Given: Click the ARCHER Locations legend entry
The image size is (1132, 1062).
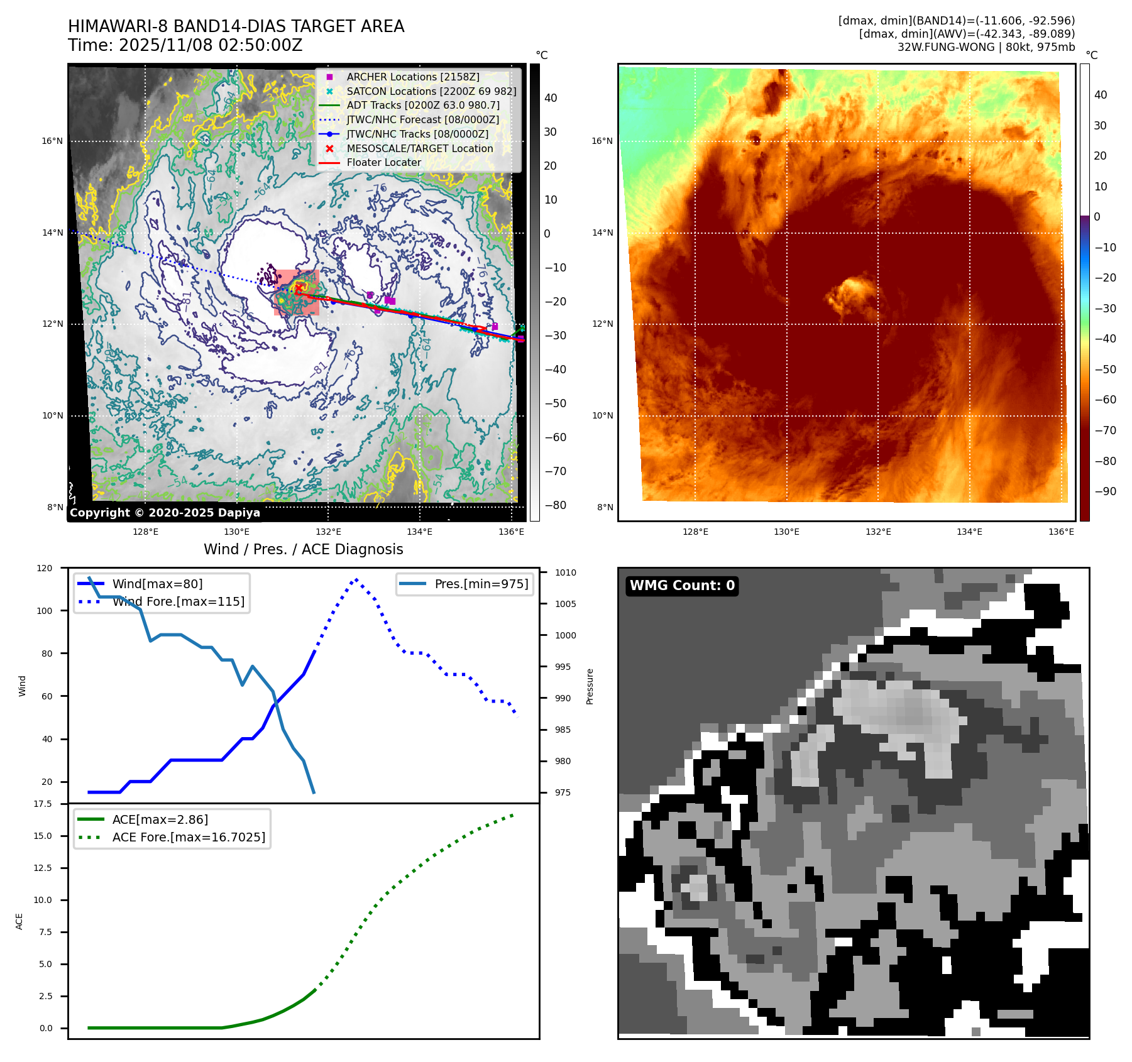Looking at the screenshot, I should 413,77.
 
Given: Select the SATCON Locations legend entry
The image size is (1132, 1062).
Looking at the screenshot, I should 431,91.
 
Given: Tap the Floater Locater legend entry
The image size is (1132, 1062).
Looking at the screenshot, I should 383,162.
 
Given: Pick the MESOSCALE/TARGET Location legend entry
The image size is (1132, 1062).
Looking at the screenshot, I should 420,148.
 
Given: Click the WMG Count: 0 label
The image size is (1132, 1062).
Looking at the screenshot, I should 682,586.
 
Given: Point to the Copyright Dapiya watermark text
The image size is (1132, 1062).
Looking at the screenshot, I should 165,513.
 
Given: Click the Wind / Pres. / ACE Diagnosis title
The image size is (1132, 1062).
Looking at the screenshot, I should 303,549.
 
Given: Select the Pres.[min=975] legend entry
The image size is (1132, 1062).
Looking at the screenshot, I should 481,584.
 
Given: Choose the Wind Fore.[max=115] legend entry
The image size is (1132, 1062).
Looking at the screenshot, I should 179,601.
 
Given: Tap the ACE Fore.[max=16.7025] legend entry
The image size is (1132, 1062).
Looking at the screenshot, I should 189,837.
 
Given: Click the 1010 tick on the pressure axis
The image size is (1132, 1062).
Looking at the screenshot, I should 565,572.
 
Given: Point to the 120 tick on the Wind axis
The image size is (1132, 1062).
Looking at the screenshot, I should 45,568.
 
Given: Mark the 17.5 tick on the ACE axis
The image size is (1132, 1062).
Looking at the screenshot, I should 43,804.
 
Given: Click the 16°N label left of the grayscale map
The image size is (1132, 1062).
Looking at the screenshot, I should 52,141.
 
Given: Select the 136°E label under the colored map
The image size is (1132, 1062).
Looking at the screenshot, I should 1061,532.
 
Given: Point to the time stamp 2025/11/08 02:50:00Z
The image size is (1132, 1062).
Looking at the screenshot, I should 211,45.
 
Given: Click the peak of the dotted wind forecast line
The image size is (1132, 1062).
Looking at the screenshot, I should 356,579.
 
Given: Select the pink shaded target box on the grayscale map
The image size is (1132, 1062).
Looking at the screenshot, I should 297,292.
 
